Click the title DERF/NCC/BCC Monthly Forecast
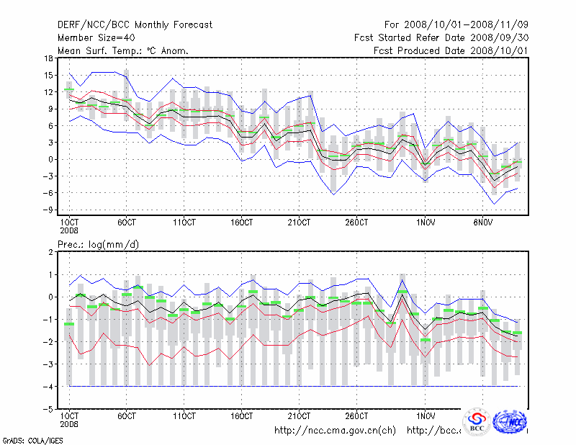coord(135,25)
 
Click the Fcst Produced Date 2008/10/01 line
coord(451,51)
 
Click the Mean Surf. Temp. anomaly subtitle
coord(122,51)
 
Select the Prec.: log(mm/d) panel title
coord(98,245)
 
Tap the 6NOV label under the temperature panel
coord(487,222)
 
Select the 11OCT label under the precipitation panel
coord(184,416)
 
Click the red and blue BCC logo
coord(477,422)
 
